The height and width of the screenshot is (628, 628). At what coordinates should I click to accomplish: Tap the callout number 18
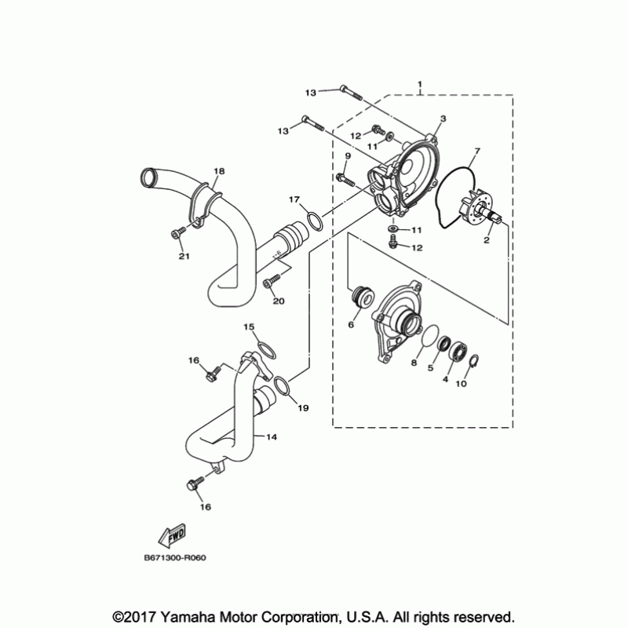[218, 171]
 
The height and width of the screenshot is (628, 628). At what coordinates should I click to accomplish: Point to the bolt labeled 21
[180, 232]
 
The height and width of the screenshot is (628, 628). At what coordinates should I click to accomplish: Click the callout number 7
[477, 151]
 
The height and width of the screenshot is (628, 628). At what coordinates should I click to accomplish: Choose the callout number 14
[271, 436]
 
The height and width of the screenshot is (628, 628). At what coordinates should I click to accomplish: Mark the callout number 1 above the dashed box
[421, 83]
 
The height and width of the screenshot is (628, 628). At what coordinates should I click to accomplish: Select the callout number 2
[487, 240]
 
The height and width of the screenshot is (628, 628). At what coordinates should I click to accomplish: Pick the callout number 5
[431, 367]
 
